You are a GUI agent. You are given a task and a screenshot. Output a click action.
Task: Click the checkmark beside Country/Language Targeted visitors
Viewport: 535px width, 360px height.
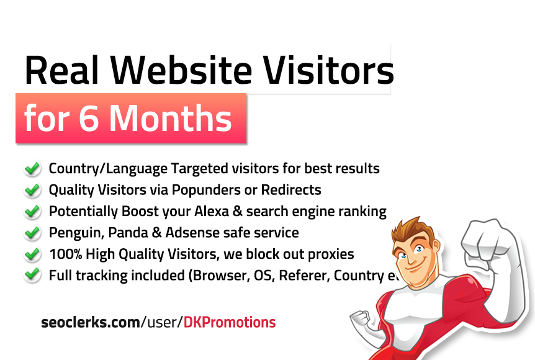click(32, 169)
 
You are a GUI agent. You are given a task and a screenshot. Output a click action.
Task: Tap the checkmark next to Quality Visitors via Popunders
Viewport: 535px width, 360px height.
click(32, 190)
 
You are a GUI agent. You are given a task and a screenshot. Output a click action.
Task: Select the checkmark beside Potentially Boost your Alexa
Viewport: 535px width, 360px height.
click(32, 212)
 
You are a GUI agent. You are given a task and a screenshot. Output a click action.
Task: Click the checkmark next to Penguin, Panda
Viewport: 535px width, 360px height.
click(32, 233)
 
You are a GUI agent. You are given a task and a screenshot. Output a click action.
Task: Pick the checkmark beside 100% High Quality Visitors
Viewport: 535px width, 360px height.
click(32, 254)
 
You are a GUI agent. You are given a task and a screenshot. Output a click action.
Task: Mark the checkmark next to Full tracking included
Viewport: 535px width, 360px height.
click(32, 275)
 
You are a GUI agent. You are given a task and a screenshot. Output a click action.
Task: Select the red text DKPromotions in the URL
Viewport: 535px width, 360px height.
click(230, 322)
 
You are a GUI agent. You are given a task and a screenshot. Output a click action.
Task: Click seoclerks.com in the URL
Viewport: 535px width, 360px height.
click(90, 322)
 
